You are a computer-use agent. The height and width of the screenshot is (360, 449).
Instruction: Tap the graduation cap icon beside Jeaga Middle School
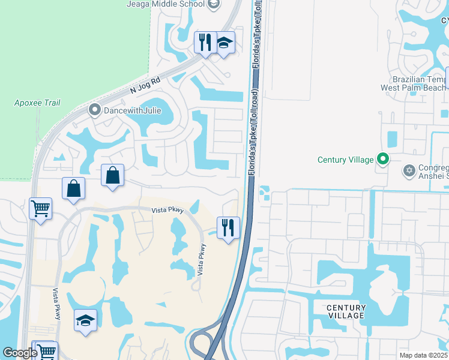213,4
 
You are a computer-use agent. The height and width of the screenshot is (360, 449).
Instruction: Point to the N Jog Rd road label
146,85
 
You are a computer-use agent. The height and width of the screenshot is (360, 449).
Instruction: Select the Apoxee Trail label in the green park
37,103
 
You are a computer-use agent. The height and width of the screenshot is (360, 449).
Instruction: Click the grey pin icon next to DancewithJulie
94,110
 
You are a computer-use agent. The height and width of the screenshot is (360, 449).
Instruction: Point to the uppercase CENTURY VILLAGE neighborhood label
346,311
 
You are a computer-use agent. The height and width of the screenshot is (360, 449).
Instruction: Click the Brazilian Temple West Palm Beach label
414,83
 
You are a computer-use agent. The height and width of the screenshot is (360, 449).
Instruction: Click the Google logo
19,353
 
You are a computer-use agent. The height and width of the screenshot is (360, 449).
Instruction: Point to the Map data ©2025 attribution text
423,355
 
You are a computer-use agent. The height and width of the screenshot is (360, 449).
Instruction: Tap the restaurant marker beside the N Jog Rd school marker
205,43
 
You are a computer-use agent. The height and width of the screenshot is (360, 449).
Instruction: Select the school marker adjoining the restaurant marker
224,43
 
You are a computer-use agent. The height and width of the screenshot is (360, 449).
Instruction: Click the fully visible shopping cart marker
40,209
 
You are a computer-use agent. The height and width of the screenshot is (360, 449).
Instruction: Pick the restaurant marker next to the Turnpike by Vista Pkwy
228,227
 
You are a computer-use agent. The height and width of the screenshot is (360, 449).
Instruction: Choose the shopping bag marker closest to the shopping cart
73,188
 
